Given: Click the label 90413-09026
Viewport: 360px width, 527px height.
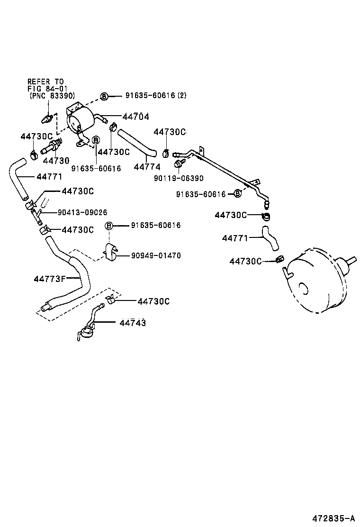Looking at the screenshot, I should [82, 212].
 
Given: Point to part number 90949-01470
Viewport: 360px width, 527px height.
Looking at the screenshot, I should [156, 255].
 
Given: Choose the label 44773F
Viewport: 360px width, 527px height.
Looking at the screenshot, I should [49, 279].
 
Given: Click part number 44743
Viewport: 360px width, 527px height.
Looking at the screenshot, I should [133, 323].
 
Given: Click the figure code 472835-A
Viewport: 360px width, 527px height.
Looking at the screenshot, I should [333, 517].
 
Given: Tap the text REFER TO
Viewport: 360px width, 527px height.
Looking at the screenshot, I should [45, 82].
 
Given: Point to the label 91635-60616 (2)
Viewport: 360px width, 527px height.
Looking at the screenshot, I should [156, 95].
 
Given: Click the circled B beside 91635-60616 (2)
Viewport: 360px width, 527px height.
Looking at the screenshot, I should [105, 96].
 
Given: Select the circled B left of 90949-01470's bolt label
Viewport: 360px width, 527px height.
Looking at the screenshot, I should [108, 226].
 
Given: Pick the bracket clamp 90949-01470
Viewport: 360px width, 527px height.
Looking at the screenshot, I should [111, 252].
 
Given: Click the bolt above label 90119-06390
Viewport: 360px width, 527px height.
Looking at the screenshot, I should [179, 164].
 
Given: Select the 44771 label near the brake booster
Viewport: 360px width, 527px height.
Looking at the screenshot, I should [235, 238].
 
